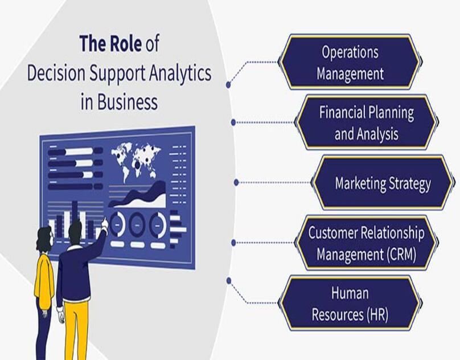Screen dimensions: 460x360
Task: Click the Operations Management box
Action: [x=350, y=62]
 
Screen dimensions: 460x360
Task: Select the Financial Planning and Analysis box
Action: [x=367, y=122]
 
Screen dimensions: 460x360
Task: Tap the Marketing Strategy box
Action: [x=383, y=183]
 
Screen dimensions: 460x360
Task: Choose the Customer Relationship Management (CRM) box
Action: [x=367, y=243]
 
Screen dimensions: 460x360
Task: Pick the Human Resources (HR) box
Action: [x=350, y=303]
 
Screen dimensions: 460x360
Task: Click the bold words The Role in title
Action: [x=110, y=43]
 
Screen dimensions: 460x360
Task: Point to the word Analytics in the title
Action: [x=180, y=73]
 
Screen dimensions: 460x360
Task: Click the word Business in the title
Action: [x=128, y=101]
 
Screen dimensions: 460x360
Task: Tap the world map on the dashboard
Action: [x=135, y=161]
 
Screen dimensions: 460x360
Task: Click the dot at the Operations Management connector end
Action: [x=228, y=85]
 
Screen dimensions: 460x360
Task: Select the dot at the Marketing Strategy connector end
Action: [x=236, y=183]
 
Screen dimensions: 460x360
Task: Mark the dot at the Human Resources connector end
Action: [x=229, y=281]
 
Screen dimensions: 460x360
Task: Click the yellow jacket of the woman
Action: [x=44, y=277]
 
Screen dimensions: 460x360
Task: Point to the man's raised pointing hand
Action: [x=104, y=224]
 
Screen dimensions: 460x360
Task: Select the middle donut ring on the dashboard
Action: [x=137, y=225]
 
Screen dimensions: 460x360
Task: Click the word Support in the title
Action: [x=117, y=74]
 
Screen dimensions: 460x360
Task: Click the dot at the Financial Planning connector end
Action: [x=233, y=122]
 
